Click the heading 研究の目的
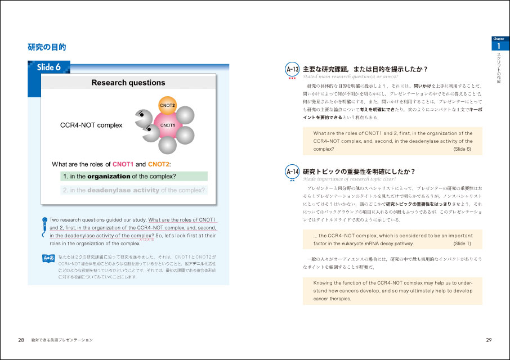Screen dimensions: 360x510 tap(47, 47)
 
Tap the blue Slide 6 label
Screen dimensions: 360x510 tap(49, 67)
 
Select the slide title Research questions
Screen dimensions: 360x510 tap(128, 83)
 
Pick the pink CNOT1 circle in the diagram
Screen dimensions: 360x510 tap(168, 125)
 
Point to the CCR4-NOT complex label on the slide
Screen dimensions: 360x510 tap(91, 125)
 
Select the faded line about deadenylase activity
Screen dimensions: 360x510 tap(134, 190)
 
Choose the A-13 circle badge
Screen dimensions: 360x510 tap(292, 69)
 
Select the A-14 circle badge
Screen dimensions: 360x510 tap(292, 171)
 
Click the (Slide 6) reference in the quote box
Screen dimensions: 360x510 tap(462, 149)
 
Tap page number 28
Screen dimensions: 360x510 tap(21, 340)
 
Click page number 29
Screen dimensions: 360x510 tap(489, 340)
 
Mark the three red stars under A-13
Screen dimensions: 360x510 tap(292, 78)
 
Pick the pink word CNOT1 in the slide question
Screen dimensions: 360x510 tap(123, 164)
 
